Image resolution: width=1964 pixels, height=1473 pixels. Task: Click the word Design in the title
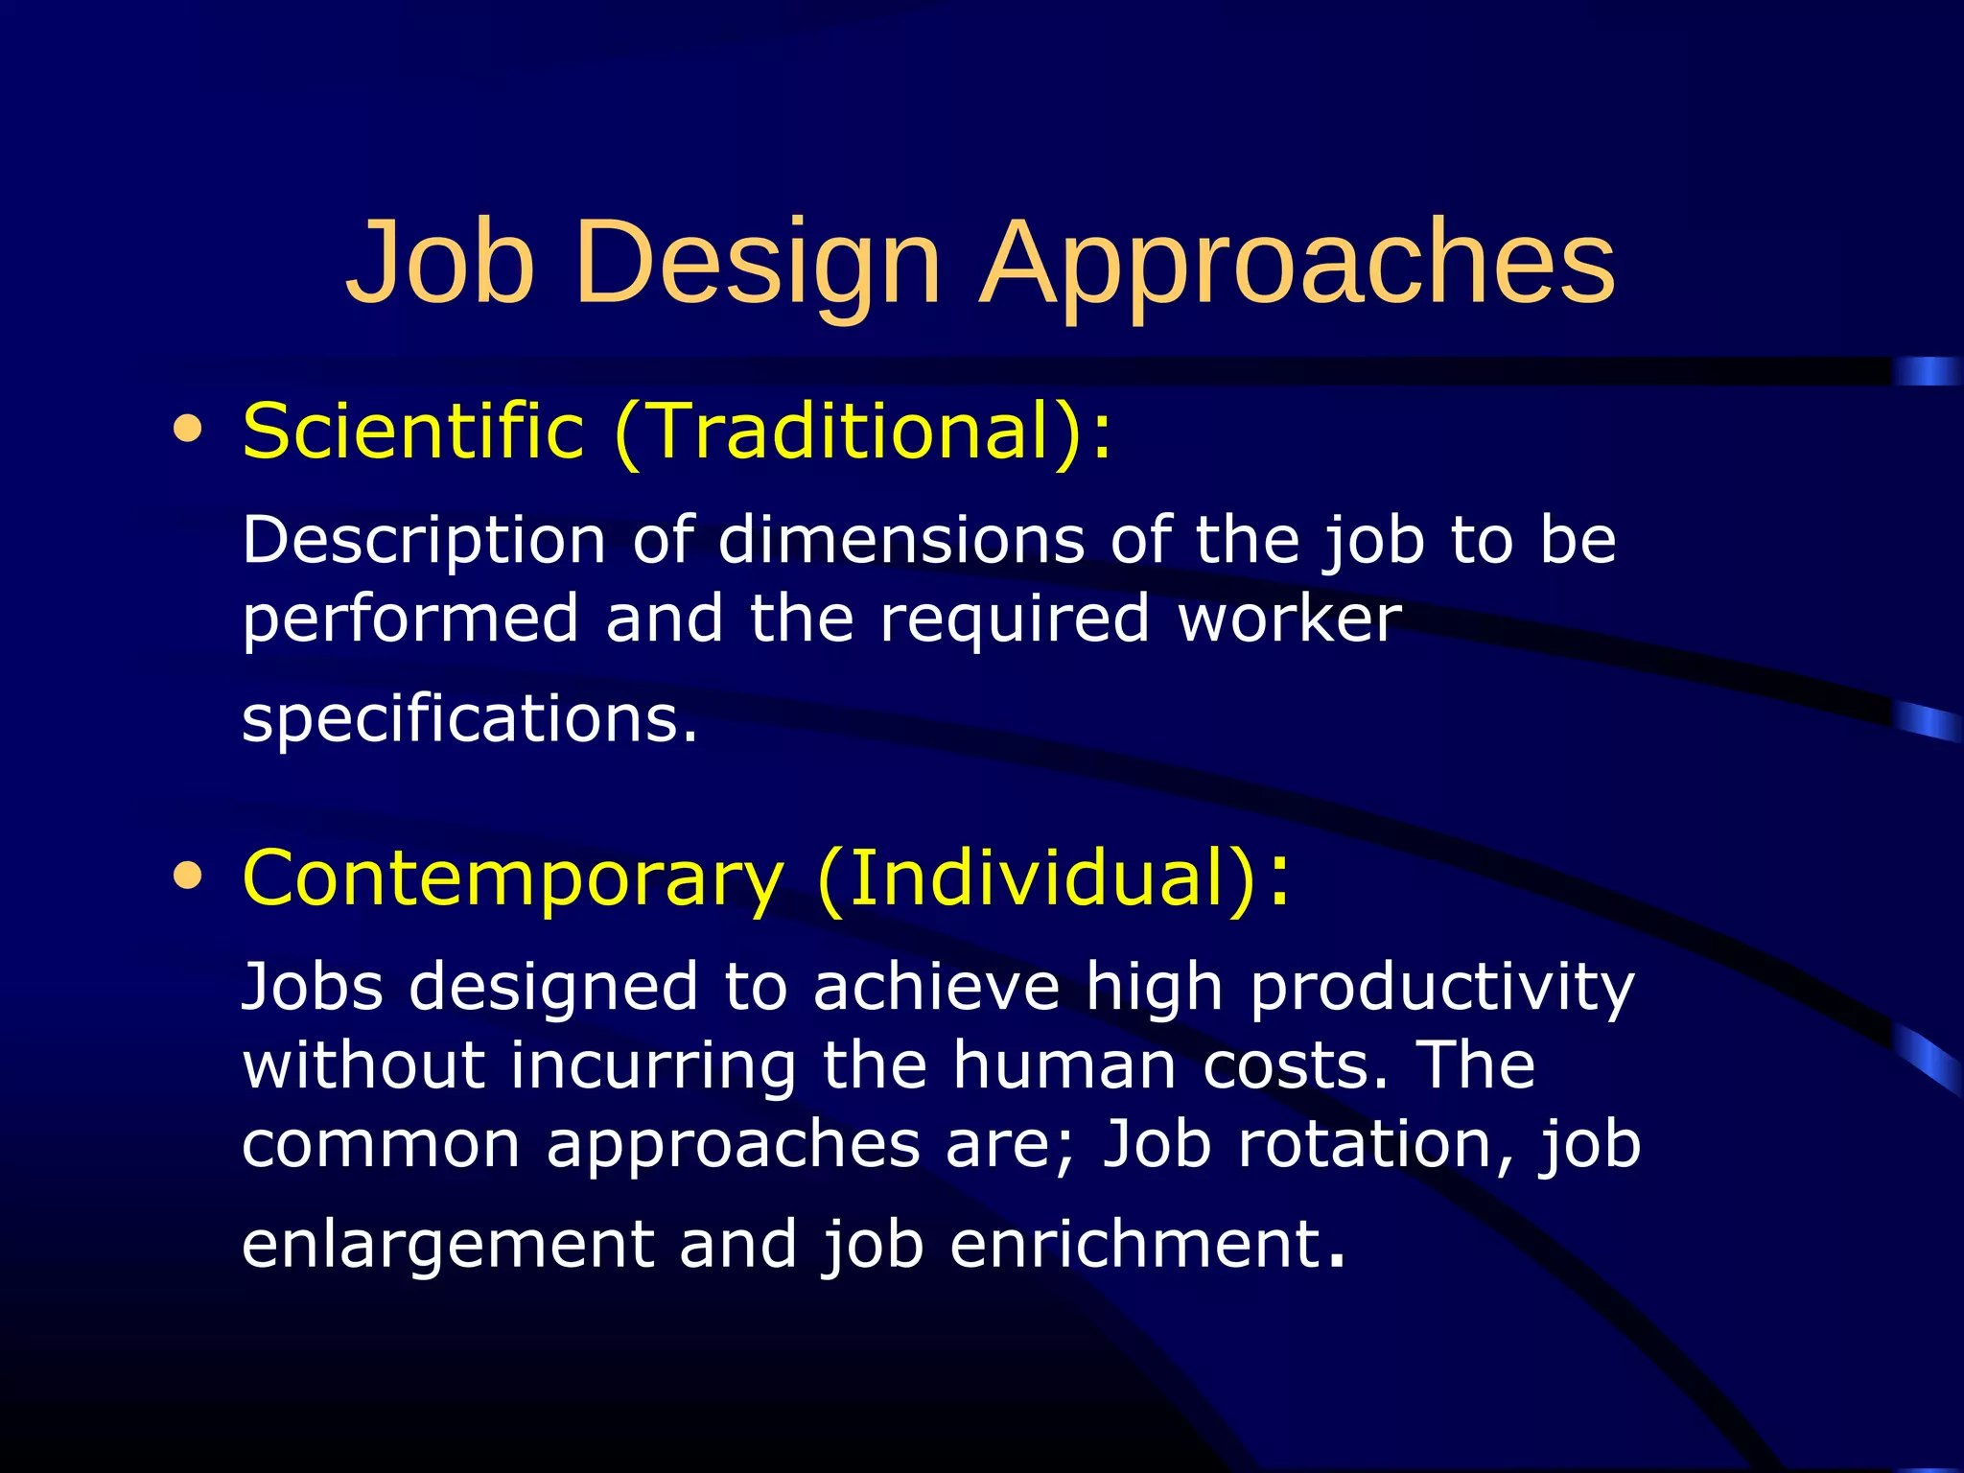point(759,262)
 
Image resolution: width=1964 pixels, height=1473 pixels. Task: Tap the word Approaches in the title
point(1299,262)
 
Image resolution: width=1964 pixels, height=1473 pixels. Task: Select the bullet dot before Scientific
point(188,429)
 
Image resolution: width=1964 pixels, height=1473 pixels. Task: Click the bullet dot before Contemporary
point(188,876)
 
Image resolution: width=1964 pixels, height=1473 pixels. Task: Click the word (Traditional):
point(863,431)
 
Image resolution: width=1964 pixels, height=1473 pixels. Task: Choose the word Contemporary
point(513,877)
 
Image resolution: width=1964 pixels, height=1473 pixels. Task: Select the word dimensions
point(900,540)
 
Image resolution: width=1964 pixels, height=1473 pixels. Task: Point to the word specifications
point(470,719)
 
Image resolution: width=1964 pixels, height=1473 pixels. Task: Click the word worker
point(1290,619)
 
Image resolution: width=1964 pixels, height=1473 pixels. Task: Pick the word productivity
point(1442,988)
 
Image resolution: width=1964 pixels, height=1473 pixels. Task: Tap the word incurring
point(653,1065)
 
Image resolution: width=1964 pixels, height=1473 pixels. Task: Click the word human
point(1064,1065)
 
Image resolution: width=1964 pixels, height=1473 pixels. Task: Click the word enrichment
point(1136,1244)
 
